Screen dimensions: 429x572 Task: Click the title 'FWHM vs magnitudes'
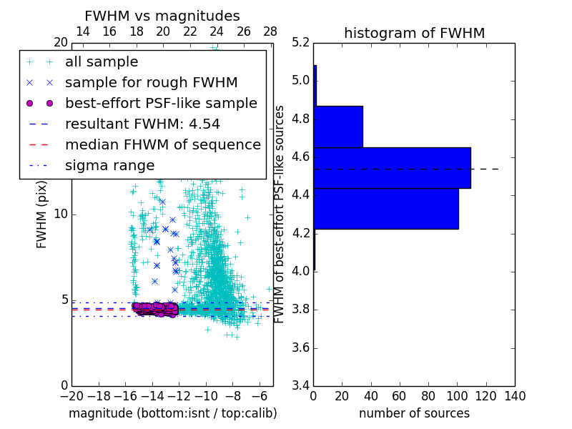pos(162,16)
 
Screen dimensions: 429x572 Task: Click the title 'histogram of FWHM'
pos(414,33)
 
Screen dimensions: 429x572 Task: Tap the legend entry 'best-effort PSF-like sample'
pos(161,104)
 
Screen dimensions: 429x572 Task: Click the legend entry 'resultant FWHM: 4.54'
pos(142,124)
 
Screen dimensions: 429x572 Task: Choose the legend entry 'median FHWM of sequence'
pos(162,145)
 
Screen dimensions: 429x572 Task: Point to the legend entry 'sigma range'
pos(109,166)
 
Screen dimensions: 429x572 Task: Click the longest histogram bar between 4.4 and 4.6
pos(392,167)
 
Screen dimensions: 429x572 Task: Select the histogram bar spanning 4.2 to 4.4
pos(386,208)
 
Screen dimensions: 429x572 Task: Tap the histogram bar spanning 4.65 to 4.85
pos(338,127)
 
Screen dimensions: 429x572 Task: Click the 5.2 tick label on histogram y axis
pos(300,42)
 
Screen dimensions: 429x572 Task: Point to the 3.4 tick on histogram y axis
pos(300,386)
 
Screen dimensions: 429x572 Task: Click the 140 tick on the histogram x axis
pos(515,396)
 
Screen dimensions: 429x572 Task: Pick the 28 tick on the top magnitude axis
pos(270,31)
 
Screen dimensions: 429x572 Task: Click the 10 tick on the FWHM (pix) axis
pos(61,214)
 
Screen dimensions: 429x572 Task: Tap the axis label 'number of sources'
pos(414,414)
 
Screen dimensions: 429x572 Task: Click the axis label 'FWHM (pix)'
pos(42,214)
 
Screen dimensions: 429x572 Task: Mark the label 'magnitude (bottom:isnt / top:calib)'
pos(172,414)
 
